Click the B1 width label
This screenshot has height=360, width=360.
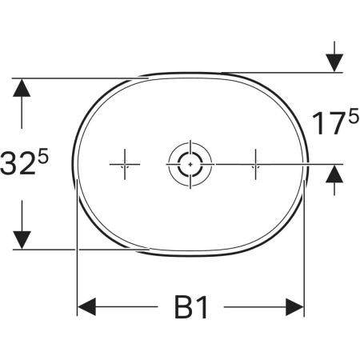pos(191,307)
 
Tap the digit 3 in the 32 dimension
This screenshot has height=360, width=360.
pos(8,163)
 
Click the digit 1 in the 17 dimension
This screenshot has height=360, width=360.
pos(318,123)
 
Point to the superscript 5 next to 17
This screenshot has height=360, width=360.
pos(354,117)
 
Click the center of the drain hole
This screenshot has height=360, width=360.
pos(190,164)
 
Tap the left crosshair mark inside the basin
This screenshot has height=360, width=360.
pos(125,164)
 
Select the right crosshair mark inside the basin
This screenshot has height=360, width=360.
pos(255,164)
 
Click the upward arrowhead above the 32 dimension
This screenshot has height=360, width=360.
pos(22,87)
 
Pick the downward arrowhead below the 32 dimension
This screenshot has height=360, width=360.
pos(22,240)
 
